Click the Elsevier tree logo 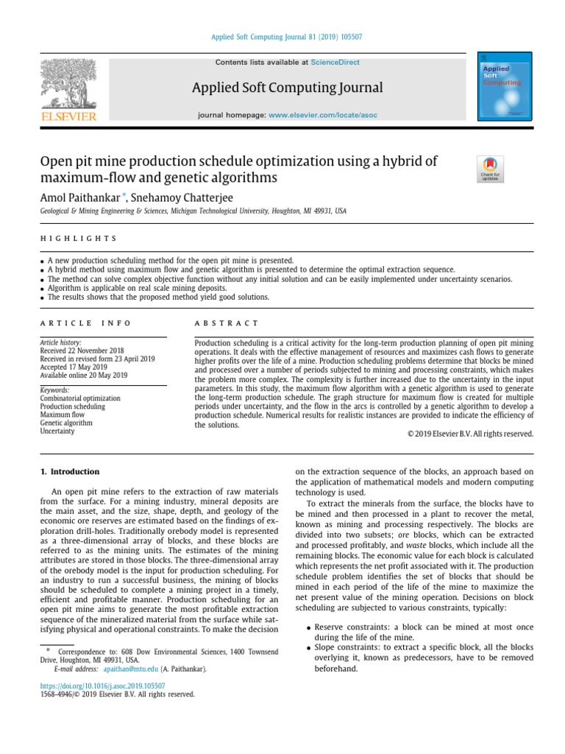(x=68, y=88)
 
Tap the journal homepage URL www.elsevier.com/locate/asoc (x=319, y=116)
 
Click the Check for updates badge (x=490, y=169)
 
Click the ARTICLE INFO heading (x=85, y=323)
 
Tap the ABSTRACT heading (x=227, y=323)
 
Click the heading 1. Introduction (x=69, y=471)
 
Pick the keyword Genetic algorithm (x=66, y=423)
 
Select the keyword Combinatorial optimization (x=80, y=398)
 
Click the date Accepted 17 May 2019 (x=75, y=367)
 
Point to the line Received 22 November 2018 (x=82, y=350)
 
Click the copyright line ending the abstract (x=469, y=434)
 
